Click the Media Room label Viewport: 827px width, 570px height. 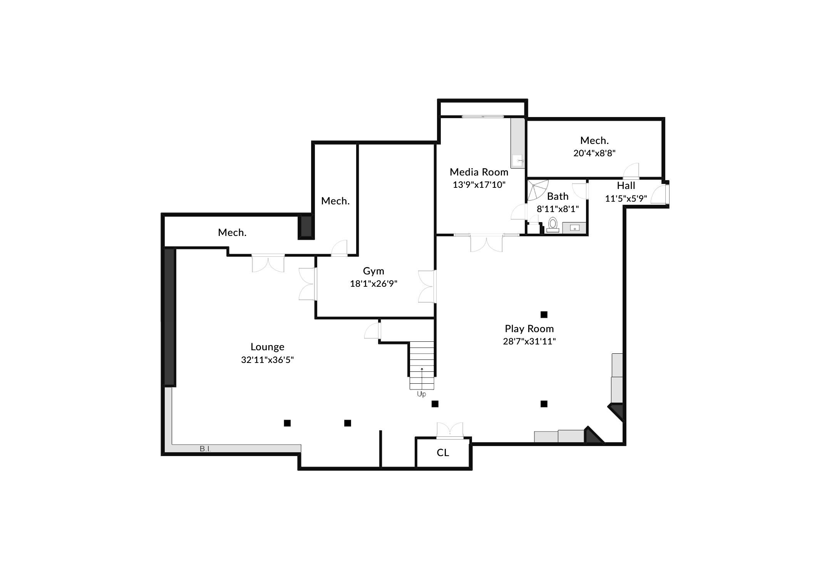[479, 172]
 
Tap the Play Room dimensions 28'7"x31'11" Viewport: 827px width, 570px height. [529, 341]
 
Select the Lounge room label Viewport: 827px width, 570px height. [268, 347]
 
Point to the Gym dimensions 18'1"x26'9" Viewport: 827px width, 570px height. [373, 284]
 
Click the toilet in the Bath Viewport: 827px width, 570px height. [553, 225]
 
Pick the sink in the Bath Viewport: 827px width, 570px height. [574, 228]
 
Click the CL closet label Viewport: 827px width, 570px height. [443, 453]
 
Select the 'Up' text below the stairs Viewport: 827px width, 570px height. [422, 394]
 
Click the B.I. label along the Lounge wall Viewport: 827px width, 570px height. [205, 449]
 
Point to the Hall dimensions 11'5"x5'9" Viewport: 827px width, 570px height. [626, 199]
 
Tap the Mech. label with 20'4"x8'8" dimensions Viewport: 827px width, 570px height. [594, 140]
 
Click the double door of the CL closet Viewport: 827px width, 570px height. [450, 431]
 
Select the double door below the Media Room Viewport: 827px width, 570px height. [487, 243]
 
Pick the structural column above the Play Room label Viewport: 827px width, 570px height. [544, 314]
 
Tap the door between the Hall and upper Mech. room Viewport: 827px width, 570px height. [631, 171]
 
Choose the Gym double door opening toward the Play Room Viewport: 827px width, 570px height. [427, 286]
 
